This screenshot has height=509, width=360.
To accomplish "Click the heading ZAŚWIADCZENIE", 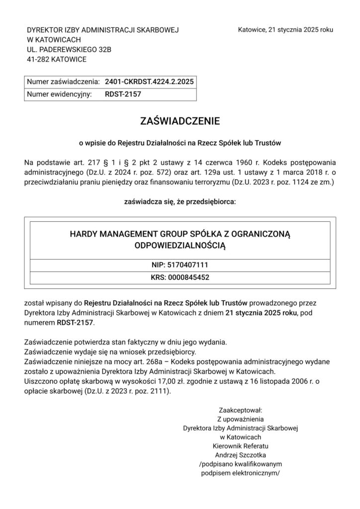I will click(x=180, y=121).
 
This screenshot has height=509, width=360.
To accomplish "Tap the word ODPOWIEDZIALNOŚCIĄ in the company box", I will click(x=180, y=245).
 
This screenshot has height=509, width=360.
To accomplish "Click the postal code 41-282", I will click(x=38, y=60).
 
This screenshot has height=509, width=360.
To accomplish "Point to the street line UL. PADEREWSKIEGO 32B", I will click(x=70, y=50).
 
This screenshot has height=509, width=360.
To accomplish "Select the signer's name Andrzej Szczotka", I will click(x=241, y=454).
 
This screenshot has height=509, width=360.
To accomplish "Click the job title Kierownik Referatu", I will click(x=241, y=445).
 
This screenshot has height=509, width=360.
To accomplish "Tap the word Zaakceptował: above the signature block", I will click(x=241, y=410).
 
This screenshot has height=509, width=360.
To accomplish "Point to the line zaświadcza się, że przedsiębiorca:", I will click(x=180, y=202).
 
